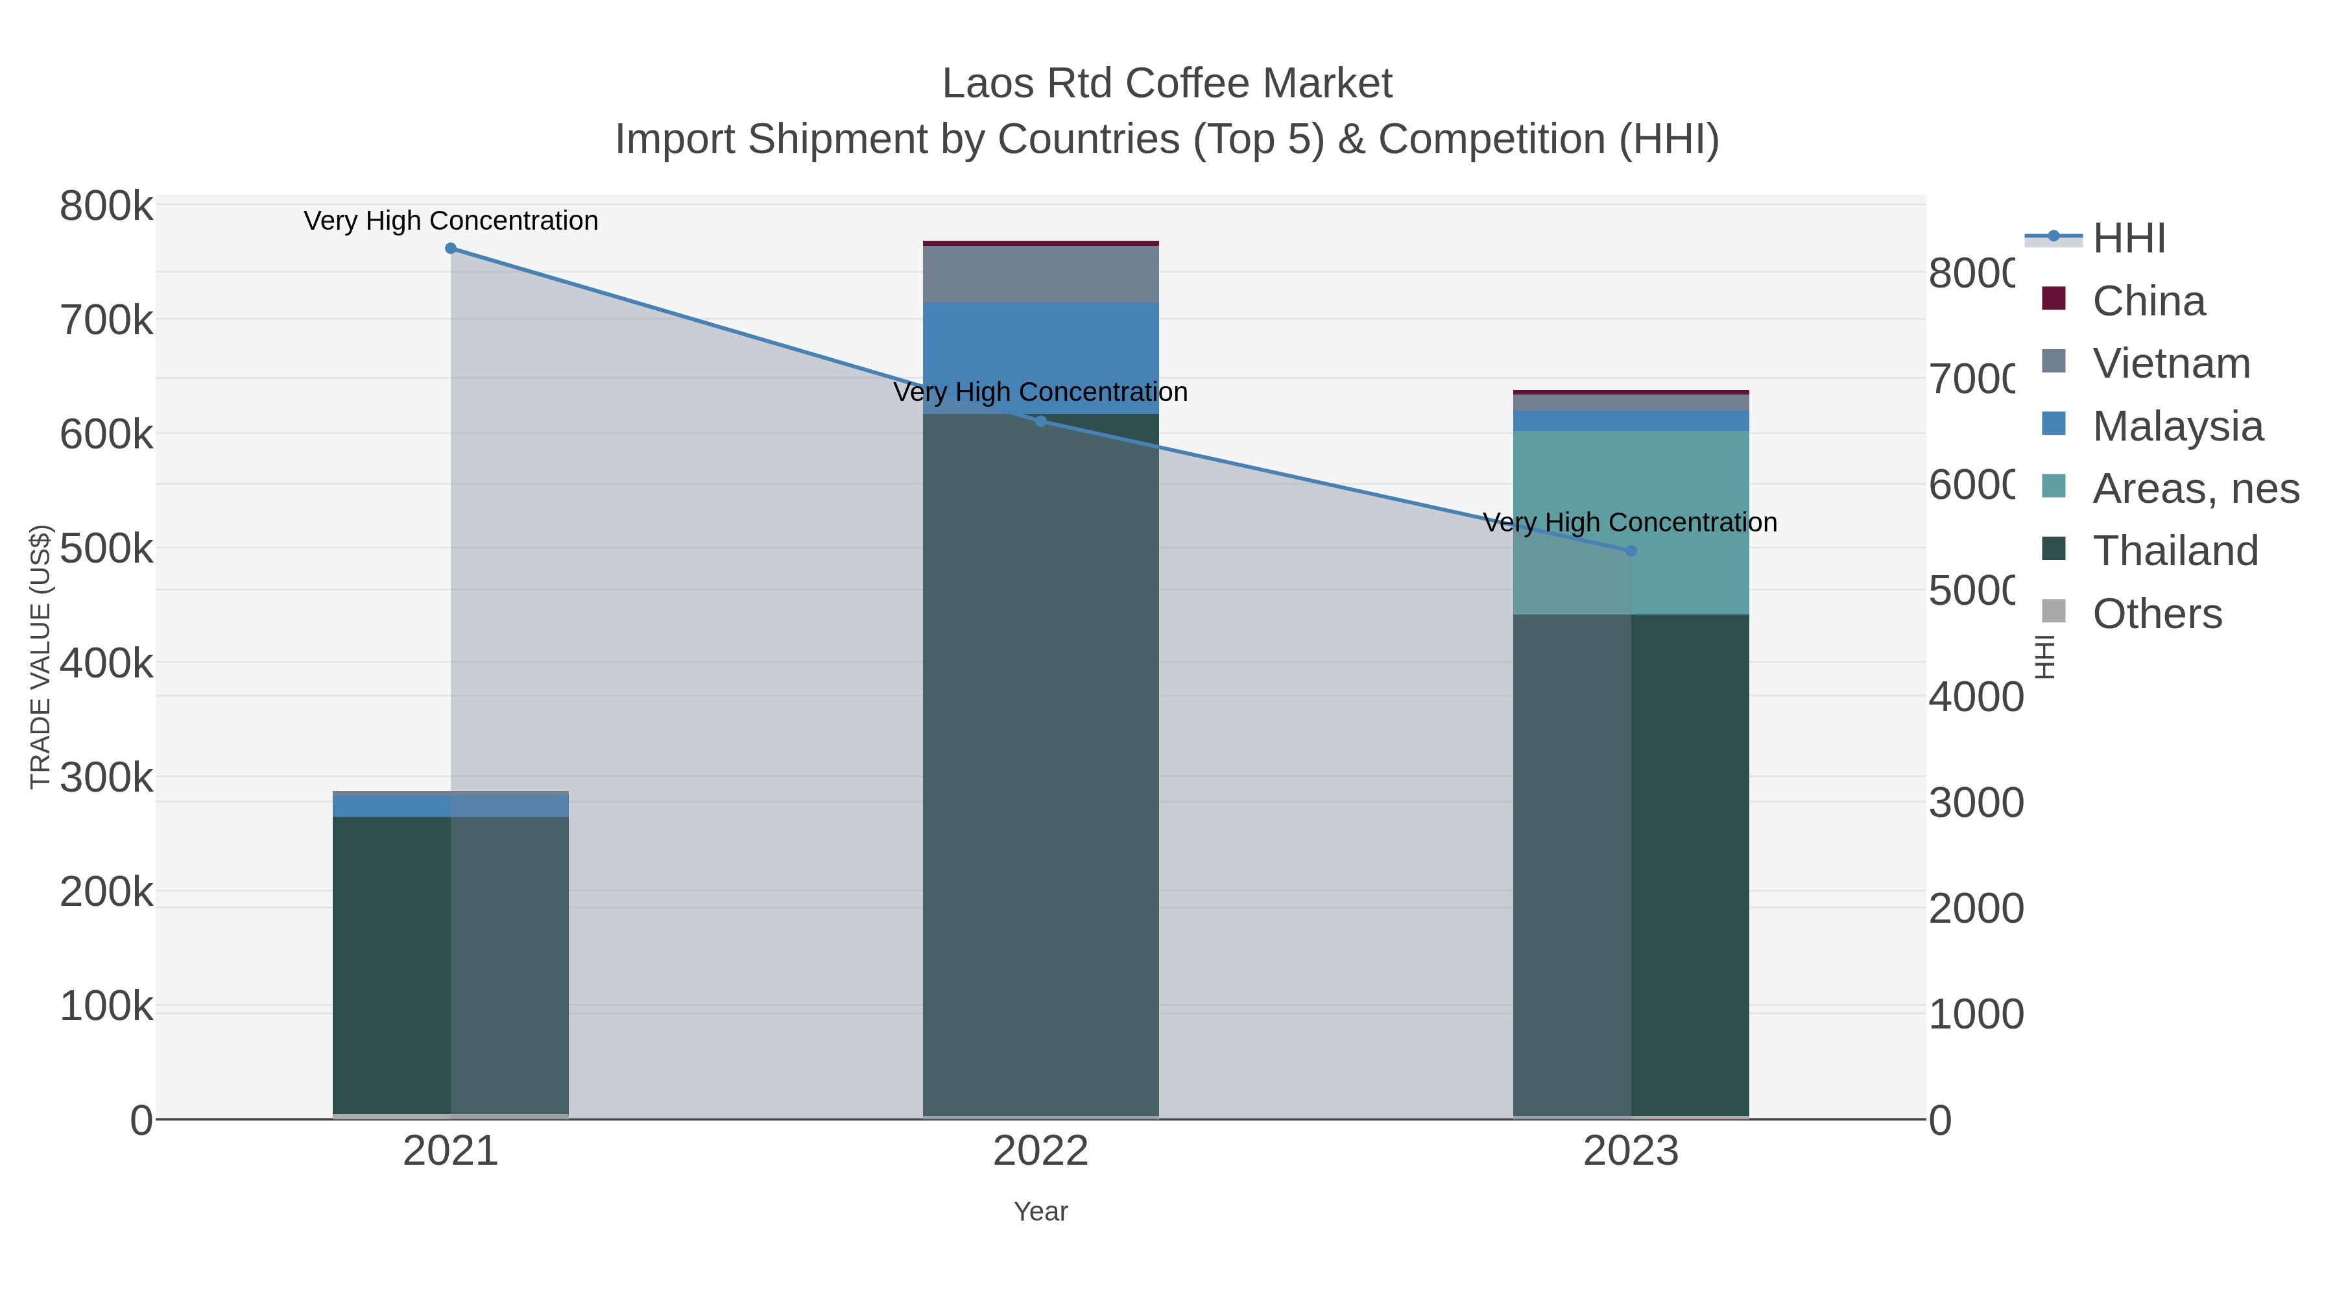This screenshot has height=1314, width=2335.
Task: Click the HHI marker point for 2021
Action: pyautogui.click(x=451, y=249)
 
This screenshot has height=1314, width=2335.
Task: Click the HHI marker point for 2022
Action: pyautogui.click(x=1040, y=420)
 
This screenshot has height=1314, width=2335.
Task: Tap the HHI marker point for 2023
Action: pyautogui.click(x=1631, y=550)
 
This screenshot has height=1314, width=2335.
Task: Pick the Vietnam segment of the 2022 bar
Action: pyautogui.click(x=1040, y=274)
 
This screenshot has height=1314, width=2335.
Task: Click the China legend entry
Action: pyautogui.click(x=2148, y=301)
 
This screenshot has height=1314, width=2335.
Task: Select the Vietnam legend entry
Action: pyautogui.click(x=2171, y=363)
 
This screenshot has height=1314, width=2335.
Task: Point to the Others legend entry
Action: pyautogui.click(x=2157, y=614)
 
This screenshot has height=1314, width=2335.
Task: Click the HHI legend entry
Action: pyautogui.click(x=2128, y=239)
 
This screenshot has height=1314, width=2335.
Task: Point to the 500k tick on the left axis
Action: pyautogui.click(x=107, y=548)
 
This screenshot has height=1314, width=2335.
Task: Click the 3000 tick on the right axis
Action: pyautogui.click(x=1975, y=803)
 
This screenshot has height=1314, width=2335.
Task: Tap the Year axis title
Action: pyautogui.click(x=1040, y=1211)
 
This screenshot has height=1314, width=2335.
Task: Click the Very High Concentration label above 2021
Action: pyautogui.click(x=451, y=221)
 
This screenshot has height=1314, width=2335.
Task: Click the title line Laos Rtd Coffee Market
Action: pyautogui.click(x=1167, y=84)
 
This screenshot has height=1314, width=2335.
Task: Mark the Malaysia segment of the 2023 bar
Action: pyautogui.click(x=1631, y=420)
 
